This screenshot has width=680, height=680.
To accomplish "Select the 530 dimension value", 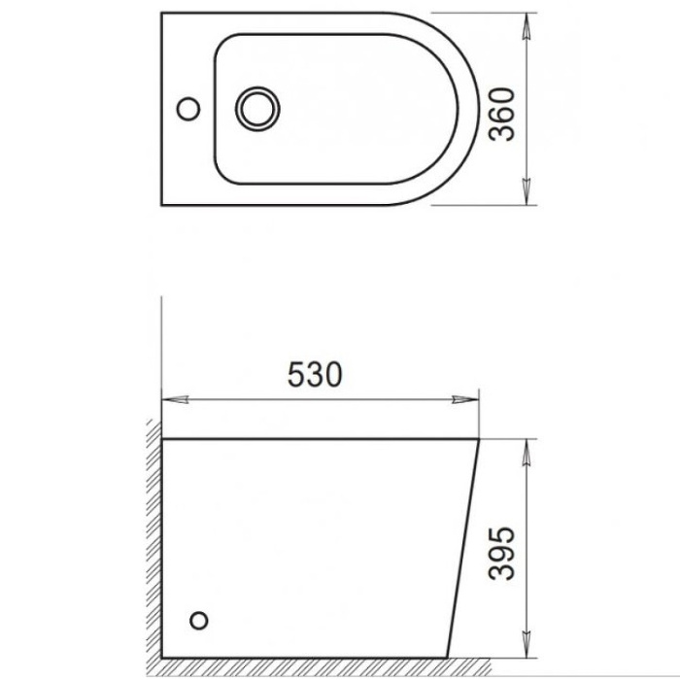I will (315, 374).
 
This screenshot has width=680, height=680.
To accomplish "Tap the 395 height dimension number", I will (501, 555).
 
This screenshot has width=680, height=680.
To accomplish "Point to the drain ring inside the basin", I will (256, 108).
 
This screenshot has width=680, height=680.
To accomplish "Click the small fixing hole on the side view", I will (200, 620).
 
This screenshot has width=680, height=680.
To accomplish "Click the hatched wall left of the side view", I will (153, 544).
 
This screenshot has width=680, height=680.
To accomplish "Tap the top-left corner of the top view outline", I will (161, 14).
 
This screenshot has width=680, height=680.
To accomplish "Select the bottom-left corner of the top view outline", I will (161, 205).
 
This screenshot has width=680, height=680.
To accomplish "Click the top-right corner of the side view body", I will (479, 440).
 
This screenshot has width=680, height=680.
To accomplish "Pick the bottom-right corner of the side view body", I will (448, 657).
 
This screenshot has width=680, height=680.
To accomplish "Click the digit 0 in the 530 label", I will (332, 374).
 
